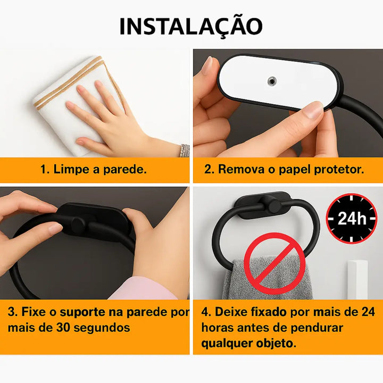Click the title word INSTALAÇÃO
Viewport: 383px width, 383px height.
tap(191, 27)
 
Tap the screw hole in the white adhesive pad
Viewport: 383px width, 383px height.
tap(272, 81)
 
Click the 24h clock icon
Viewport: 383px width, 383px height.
tap(352, 218)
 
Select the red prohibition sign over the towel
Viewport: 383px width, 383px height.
tap(275, 263)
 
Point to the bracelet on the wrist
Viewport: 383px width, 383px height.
tap(185, 151)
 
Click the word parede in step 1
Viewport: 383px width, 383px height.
tap(124, 169)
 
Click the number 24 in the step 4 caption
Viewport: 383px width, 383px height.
tap(368, 312)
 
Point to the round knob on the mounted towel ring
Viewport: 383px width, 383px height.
tap(275, 206)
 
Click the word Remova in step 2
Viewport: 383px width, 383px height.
tap(241, 169)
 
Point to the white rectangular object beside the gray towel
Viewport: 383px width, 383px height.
tap(357, 280)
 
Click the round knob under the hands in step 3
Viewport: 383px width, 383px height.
tap(78, 224)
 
